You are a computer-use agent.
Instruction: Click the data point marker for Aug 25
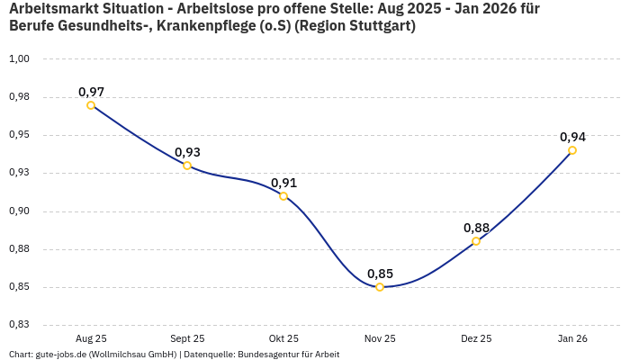click(x=91, y=105)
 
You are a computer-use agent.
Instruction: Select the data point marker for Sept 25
click(x=187, y=166)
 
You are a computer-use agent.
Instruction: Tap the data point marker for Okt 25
click(x=283, y=196)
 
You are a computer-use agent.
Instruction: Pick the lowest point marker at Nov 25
click(x=380, y=287)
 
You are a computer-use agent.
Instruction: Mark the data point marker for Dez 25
click(x=476, y=241)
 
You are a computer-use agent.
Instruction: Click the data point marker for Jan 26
click(x=572, y=150)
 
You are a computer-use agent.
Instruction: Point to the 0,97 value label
click(x=91, y=92)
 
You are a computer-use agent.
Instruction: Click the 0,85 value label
click(x=380, y=274)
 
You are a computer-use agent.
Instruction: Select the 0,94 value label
click(x=572, y=137)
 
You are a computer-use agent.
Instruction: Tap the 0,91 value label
click(x=283, y=183)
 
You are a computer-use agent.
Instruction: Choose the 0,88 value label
click(x=476, y=228)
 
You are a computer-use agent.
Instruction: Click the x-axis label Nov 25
click(x=380, y=339)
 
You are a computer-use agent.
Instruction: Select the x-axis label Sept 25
click(x=187, y=339)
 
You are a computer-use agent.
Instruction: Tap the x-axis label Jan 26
click(x=572, y=339)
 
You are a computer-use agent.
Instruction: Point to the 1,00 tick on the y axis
click(x=20, y=58)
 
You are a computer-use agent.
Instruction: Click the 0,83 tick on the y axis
click(x=20, y=325)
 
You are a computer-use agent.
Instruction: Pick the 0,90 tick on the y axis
click(x=20, y=211)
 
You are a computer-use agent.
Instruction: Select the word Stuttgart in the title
click(x=378, y=26)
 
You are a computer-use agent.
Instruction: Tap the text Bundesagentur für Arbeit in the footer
click(x=288, y=355)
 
